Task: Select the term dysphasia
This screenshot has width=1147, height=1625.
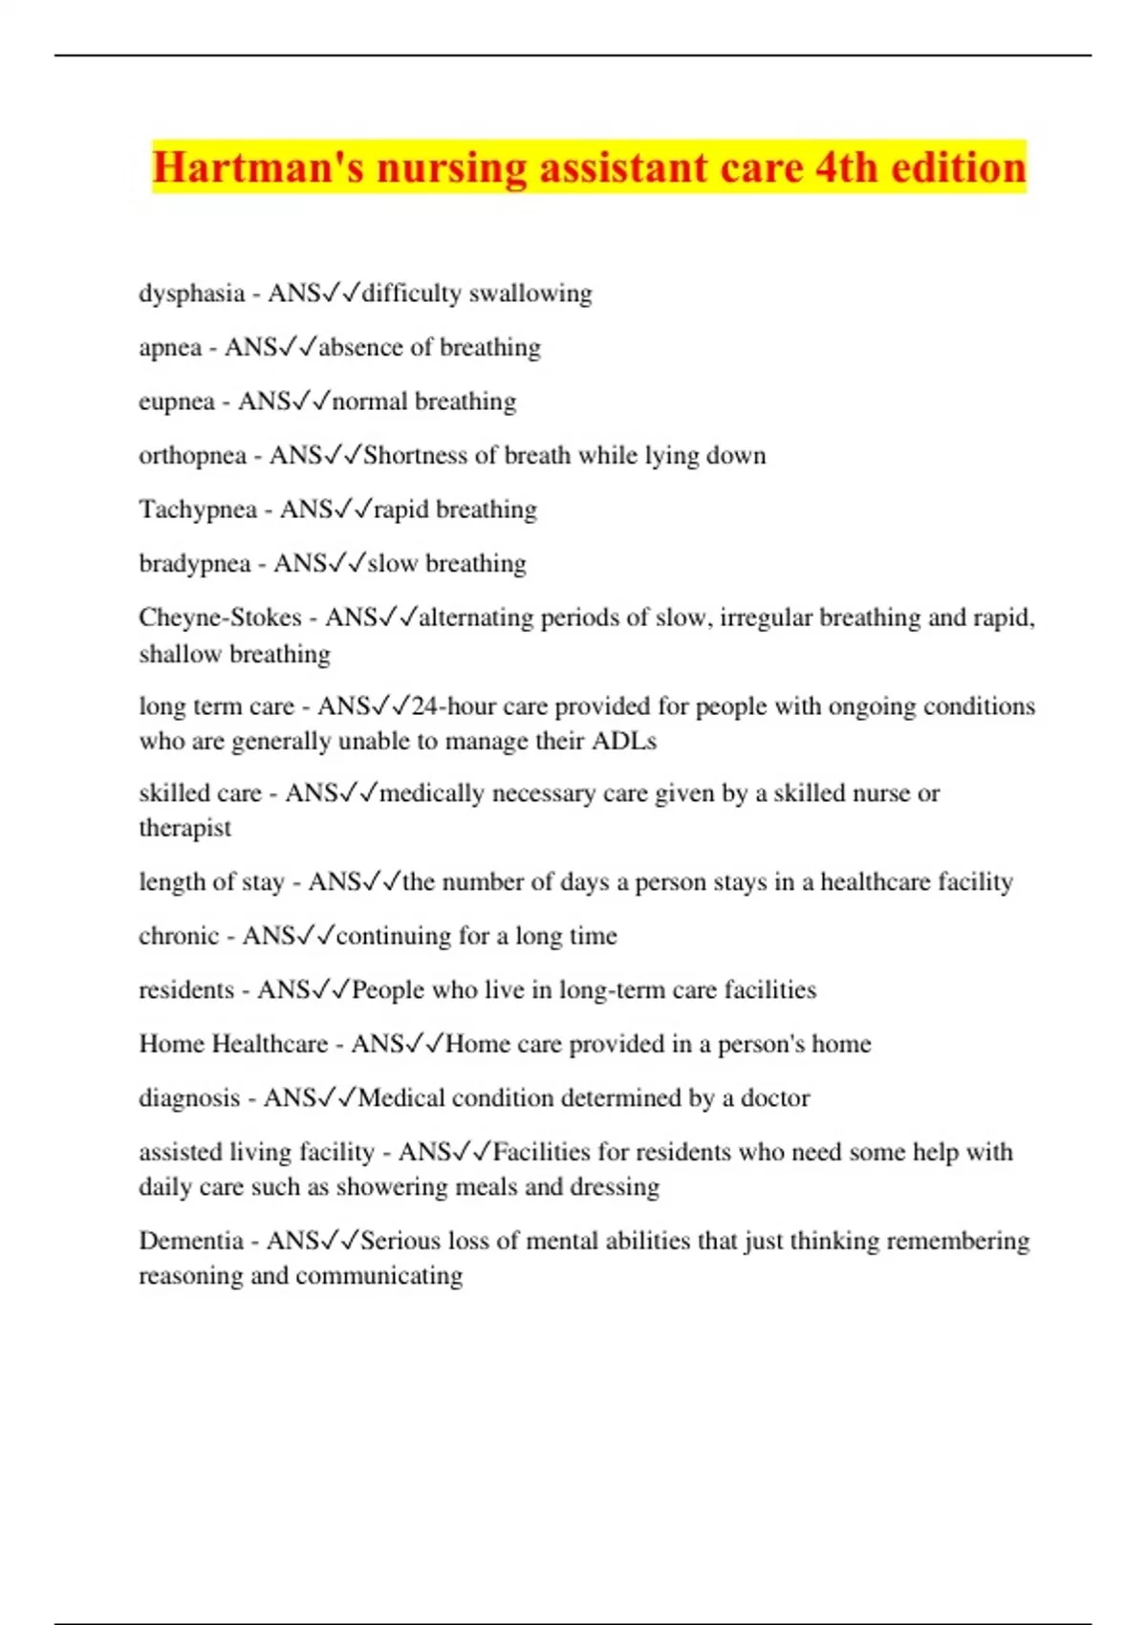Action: coord(191,293)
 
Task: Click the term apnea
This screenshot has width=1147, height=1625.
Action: coord(170,347)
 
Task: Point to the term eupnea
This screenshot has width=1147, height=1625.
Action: coord(177,401)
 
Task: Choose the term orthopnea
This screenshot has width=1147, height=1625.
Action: coord(192,456)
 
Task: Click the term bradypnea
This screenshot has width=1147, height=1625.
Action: coord(195,564)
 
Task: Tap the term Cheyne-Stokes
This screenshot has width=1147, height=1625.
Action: coord(220,617)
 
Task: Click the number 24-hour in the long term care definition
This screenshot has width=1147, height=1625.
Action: coord(454,706)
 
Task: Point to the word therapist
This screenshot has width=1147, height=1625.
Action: coord(184,828)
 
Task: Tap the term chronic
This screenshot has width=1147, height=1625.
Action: coord(179,936)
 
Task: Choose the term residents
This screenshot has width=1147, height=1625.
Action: coord(186,990)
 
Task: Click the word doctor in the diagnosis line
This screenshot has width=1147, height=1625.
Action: coord(775,1098)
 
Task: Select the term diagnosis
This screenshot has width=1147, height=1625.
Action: coord(189,1098)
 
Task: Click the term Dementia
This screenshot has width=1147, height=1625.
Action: coord(190,1241)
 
